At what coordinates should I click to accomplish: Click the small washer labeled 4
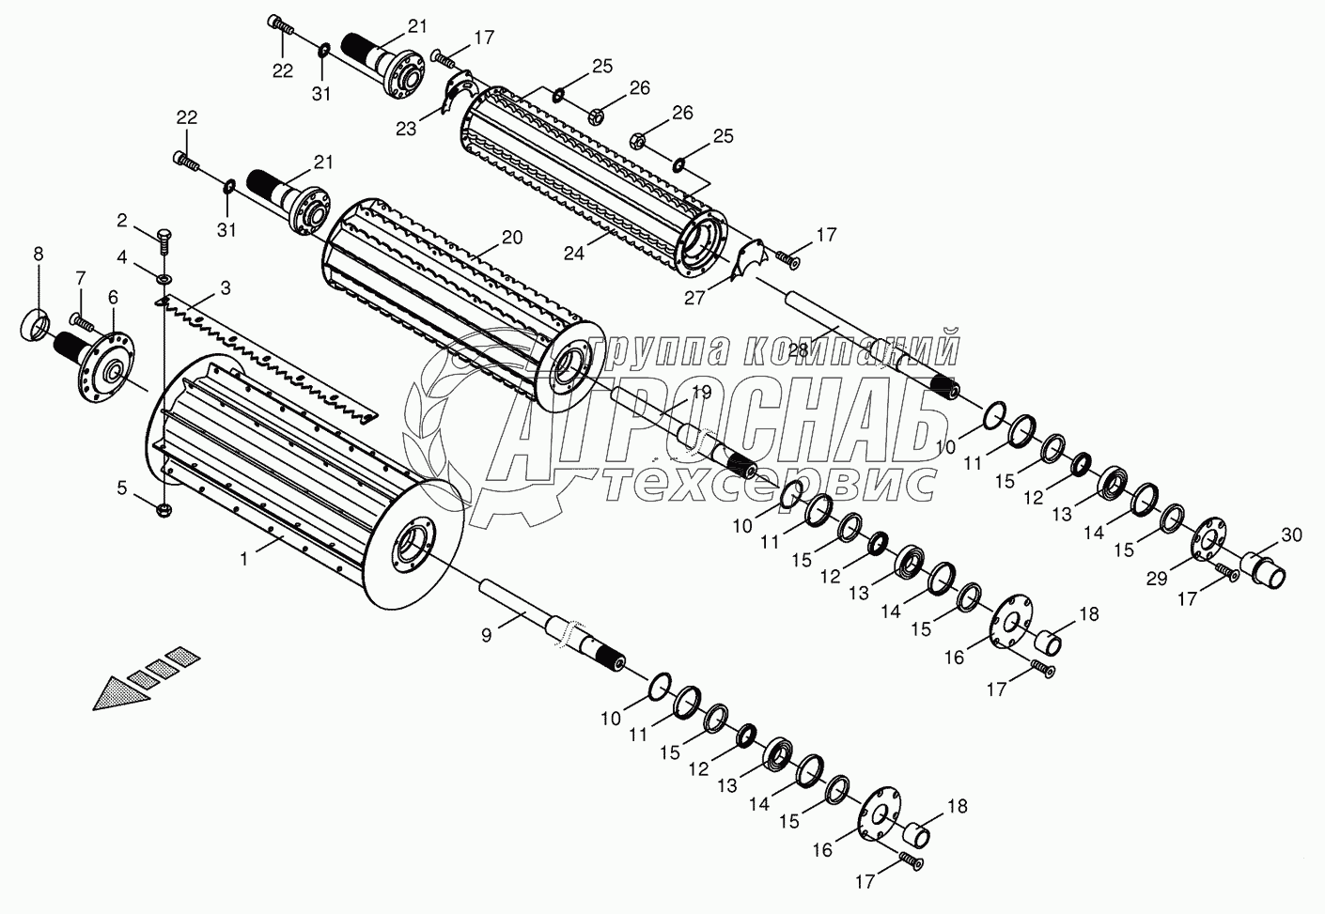point(164,278)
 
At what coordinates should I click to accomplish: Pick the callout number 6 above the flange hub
point(113,297)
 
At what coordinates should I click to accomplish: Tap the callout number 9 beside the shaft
point(486,636)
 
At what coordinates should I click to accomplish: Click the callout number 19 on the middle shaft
point(701,394)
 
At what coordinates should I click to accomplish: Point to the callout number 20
point(511,238)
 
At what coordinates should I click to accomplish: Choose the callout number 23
point(405,130)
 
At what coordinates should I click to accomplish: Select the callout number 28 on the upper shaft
point(798,349)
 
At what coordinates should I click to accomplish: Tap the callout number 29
point(1158,580)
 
